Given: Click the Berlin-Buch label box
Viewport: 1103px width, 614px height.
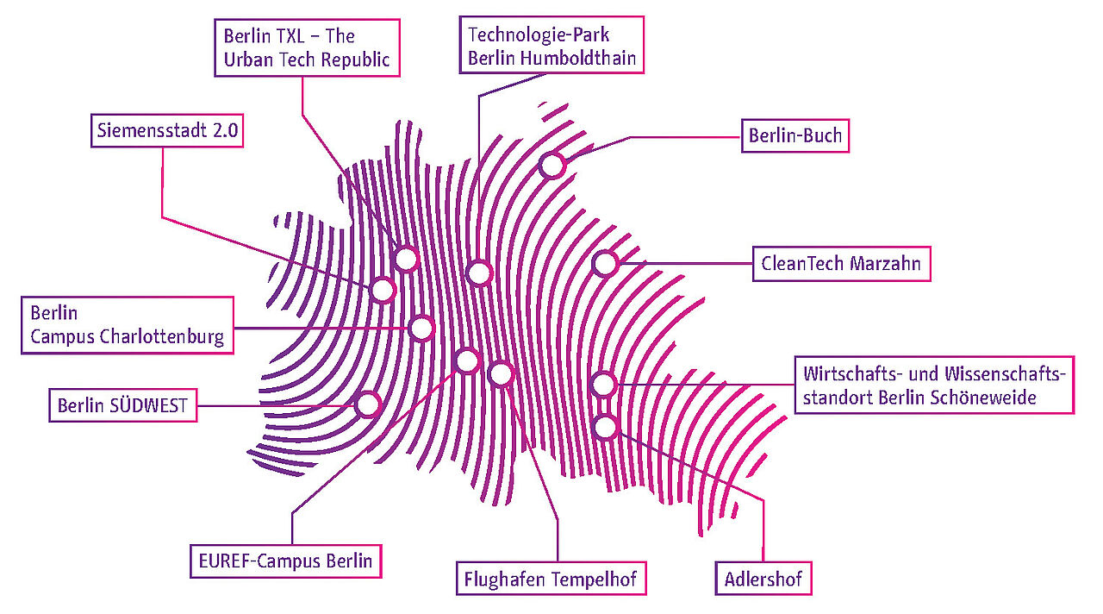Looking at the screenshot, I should [795, 135].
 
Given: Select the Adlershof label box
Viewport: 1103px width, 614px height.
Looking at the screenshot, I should [763, 578].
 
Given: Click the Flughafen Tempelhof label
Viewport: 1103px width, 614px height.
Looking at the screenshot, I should [551, 578].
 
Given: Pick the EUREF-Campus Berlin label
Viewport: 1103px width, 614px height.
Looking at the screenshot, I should [285, 561].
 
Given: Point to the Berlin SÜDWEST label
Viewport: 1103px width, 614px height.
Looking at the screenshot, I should [122, 405].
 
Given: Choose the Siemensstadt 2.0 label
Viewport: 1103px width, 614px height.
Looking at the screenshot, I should [168, 132].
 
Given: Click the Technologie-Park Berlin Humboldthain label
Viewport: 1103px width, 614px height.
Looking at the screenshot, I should [551, 47].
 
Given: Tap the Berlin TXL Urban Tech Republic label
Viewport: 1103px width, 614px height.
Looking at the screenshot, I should [307, 48].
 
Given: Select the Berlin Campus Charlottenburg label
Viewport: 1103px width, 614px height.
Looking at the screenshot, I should [128, 324].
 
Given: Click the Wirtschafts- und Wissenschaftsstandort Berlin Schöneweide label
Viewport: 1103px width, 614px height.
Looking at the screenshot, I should [933, 385].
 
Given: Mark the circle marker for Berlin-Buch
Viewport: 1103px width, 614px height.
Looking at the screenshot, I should [551, 165].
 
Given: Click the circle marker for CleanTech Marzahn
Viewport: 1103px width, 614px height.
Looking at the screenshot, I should [605, 263].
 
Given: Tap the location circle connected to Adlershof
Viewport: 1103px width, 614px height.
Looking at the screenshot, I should [606, 426].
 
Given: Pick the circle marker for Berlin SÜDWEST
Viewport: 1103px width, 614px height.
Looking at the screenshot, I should [368, 404].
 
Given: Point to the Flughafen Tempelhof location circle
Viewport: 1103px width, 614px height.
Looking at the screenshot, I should [500, 373].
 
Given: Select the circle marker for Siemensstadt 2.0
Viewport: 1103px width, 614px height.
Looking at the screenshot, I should [383, 289].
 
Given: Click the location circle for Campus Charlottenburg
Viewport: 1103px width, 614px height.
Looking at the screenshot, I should [421, 328].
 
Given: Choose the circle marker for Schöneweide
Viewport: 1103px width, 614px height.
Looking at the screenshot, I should [604, 384].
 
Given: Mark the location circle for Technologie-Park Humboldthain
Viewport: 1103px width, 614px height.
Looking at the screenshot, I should [479, 273].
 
